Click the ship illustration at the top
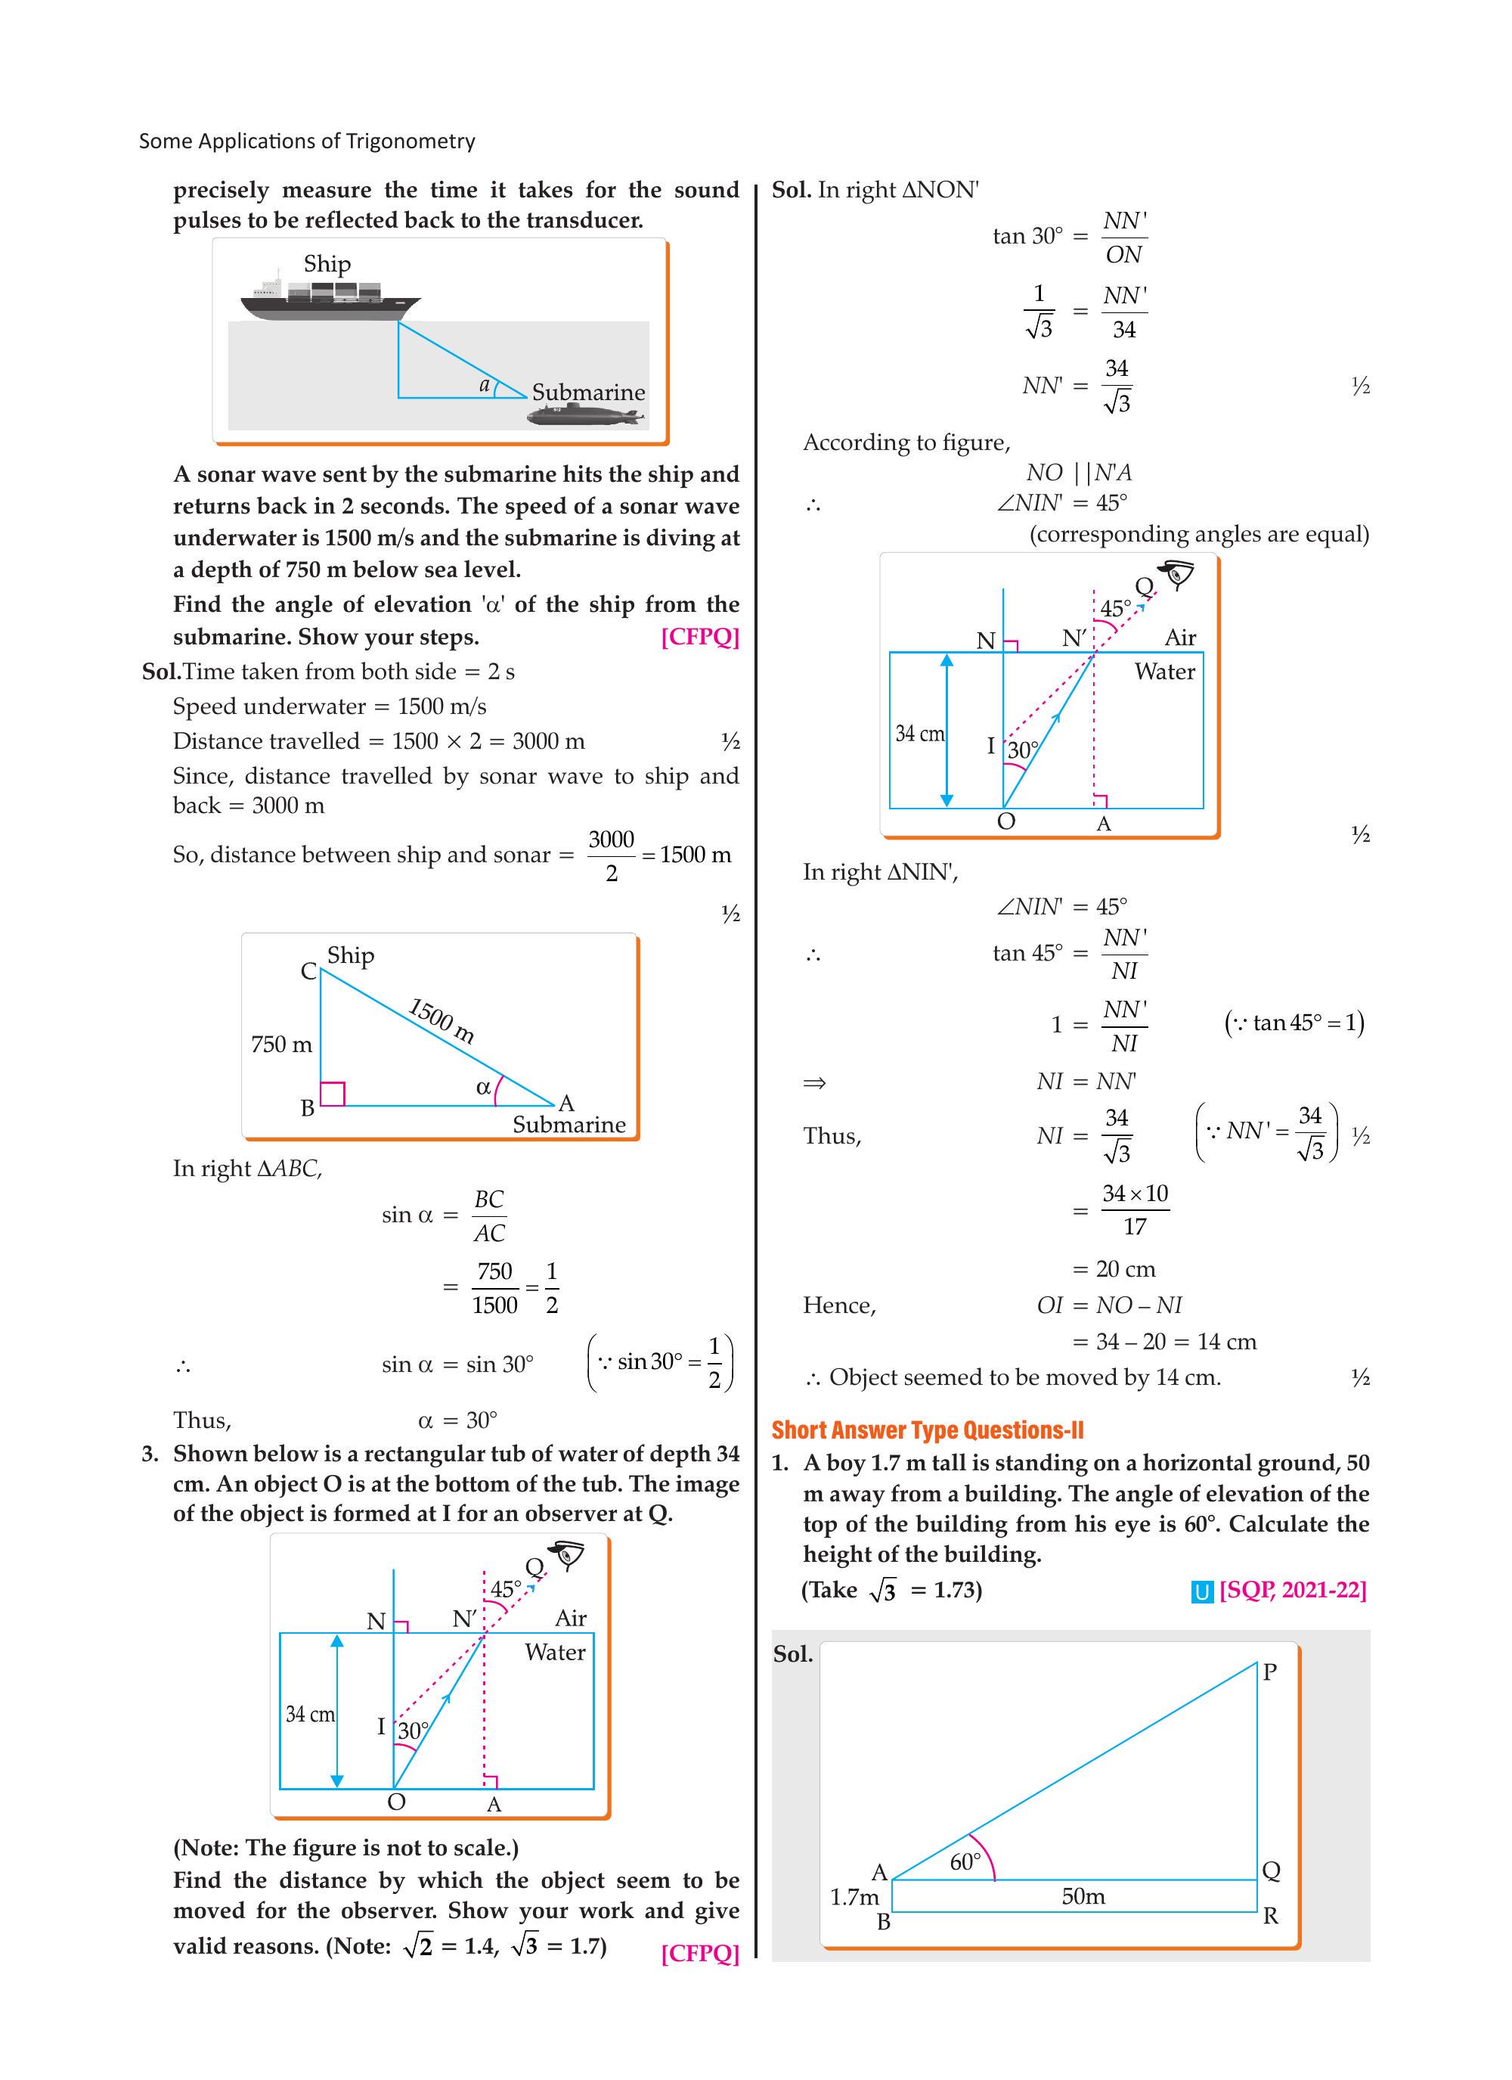(x=330, y=297)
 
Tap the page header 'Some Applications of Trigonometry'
(x=307, y=141)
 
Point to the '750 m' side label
(x=281, y=1045)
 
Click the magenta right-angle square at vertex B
(x=332, y=1094)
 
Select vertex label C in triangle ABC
(x=309, y=971)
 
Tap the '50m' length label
(x=1083, y=1896)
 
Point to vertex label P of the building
(x=1269, y=1672)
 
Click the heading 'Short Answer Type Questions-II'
(x=927, y=1431)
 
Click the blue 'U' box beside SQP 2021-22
(x=1201, y=1592)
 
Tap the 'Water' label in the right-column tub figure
(x=1164, y=672)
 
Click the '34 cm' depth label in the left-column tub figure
(x=310, y=1714)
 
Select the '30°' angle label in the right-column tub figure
(x=1022, y=750)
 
